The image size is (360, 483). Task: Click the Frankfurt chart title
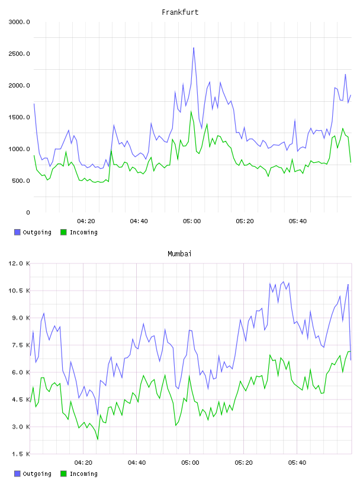click(x=180, y=12)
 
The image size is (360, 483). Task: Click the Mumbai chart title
click(x=179, y=254)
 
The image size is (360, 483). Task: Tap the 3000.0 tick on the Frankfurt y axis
click(x=19, y=22)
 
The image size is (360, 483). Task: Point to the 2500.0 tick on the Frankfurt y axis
click(x=19, y=54)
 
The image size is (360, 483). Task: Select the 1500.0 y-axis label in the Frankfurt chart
click(x=19, y=117)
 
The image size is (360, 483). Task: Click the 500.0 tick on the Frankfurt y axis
click(x=21, y=181)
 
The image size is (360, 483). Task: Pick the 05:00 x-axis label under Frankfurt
click(x=192, y=221)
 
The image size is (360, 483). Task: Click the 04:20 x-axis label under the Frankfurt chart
click(x=86, y=221)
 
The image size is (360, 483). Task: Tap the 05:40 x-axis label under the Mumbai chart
click(x=297, y=463)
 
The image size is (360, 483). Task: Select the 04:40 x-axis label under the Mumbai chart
click(x=137, y=463)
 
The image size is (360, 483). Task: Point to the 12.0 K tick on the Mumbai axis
click(x=19, y=263)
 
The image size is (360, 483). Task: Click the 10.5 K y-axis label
click(x=19, y=291)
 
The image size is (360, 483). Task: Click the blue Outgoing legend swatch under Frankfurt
click(x=17, y=232)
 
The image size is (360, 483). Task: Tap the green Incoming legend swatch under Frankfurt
click(x=63, y=232)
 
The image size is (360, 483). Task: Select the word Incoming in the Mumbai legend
click(x=83, y=474)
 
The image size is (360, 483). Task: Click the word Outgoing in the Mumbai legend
click(x=37, y=474)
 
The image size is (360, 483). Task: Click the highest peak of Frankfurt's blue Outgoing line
click(x=194, y=48)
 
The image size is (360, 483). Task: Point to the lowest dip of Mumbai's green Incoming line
click(x=98, y=439)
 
